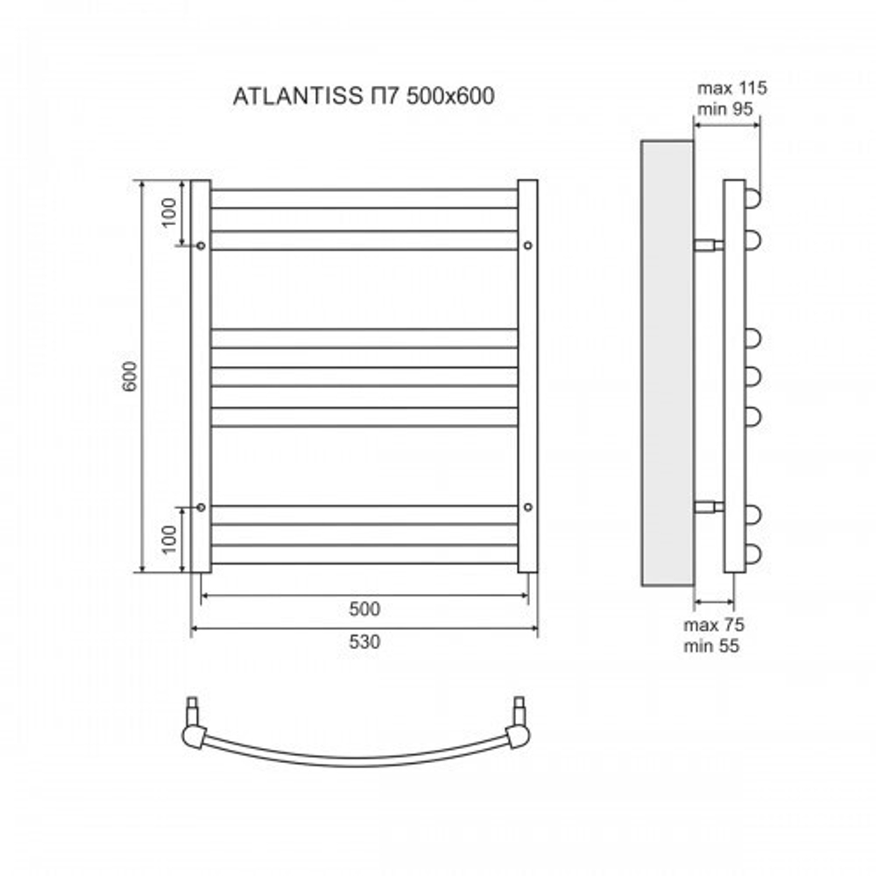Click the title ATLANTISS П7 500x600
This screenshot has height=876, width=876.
(x=364, y=96)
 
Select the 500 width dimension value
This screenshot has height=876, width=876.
(x=364, y=609)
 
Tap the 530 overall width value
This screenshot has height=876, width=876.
(x=364, y=641)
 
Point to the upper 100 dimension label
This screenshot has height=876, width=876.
(x=169, y=212)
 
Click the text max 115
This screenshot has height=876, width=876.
(x=731, y=88)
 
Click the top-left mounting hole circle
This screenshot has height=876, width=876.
(x=201, y=246)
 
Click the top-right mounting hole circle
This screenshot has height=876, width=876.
(x=527, y=246)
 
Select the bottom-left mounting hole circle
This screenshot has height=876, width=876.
(x=201, y=506)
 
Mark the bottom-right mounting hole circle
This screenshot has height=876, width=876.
(x=527, y=506)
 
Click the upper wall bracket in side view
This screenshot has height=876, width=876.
(x=709, y=244)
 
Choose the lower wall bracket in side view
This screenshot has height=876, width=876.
(x=709, y=506)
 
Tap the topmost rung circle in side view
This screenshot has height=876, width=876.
(x=752, y=198)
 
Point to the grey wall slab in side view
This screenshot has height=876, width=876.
(x=668, y=364)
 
